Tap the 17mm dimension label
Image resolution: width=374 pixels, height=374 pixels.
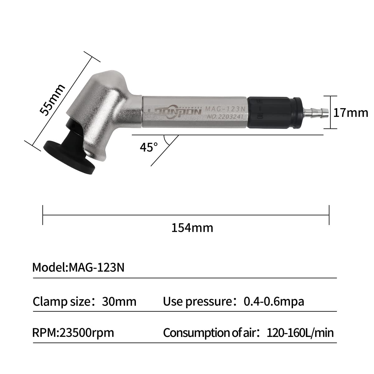pos(350,113)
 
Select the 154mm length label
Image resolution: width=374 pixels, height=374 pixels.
pos(192,228)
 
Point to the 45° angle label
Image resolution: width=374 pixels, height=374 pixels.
pos(149,147)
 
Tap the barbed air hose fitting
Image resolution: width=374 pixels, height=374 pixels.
pos(315,112)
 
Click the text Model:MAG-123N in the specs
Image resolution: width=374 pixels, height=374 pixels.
pos(78,267)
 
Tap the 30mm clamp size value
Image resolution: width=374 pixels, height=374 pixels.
pos(119,301)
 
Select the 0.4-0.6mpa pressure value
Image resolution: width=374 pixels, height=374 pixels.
pos(274,301)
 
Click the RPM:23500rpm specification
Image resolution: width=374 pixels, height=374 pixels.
pos(73,333)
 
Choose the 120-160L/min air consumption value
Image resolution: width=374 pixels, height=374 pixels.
pos(300,333)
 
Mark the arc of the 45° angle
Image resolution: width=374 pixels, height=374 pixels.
pos(167,141)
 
